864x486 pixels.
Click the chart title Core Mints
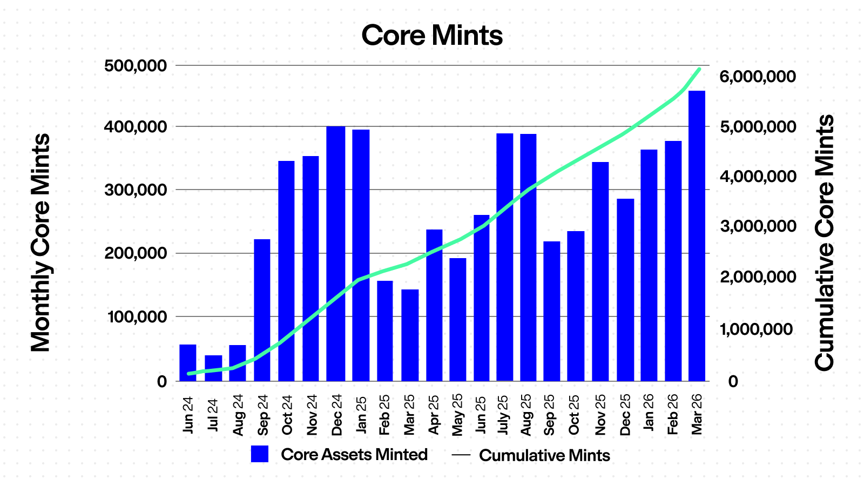(432, 36)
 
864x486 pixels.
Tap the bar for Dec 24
(335, 254)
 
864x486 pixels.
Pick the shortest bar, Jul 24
(213, 368)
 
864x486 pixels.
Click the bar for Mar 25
(410, 335)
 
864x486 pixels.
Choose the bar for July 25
(504, 257)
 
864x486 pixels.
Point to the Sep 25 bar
(551, 311)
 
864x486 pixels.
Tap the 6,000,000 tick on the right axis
(758, 77)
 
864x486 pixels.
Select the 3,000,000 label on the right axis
(758, 226)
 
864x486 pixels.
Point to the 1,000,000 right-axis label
(758, 329)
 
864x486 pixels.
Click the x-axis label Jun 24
(188, 415)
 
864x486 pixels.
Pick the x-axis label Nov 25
(600, 415)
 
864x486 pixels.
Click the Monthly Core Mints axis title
(40, 243)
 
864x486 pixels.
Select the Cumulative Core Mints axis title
(824, 243)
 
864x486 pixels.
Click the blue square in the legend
(260, 454)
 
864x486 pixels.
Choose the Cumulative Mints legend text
(544, 455)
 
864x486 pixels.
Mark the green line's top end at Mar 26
(699, 69)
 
